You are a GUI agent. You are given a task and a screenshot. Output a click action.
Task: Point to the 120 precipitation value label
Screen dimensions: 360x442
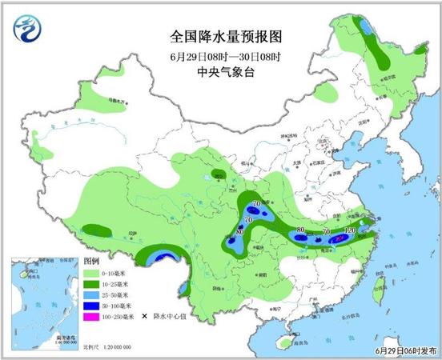pyautogui.click(x=348, y=231)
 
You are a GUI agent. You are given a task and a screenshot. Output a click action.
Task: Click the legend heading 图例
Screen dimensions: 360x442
pyautogui.click(x=90, y=261)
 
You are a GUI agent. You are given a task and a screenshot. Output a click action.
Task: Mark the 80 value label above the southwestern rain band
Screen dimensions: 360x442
pyautogui.click(x=240, y=233)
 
